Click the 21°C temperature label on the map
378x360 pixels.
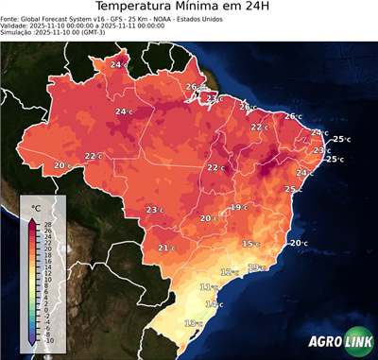pos(165,249)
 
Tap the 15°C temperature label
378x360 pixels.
pos(249,244)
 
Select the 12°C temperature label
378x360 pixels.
pos(228,272)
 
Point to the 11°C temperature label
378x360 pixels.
pos(207,286)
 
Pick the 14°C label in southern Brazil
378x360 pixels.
pos(215,304)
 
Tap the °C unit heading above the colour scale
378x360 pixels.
pos(37,208)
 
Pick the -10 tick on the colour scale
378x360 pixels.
pos(48,340)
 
